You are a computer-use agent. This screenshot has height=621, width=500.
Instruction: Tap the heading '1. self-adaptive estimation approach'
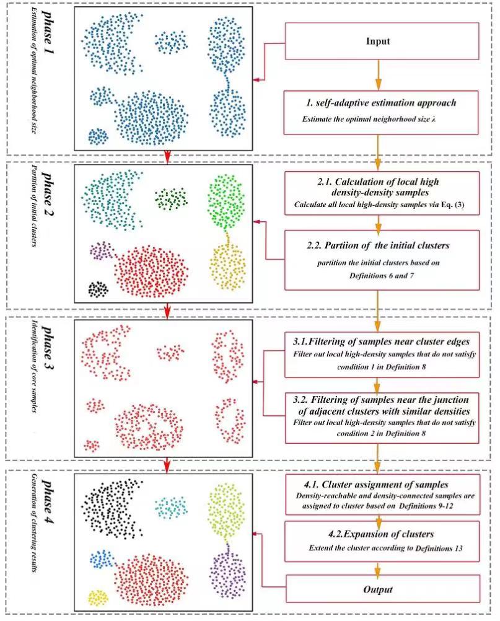click(381, 103)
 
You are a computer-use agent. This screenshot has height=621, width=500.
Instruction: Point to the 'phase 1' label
click(49, 32)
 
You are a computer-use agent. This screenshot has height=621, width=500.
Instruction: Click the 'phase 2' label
click(49, 193)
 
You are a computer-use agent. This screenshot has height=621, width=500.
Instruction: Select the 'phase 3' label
click(49, 348)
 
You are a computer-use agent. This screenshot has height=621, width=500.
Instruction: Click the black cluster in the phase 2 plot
click(98, 289)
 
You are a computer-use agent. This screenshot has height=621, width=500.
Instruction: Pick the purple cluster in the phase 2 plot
click(102, 250)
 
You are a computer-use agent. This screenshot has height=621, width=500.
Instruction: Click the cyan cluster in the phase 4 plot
click(171, 506)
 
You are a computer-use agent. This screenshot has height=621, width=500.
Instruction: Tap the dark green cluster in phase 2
click(171, 199)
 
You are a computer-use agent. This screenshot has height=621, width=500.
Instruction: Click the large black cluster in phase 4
click(112, 509)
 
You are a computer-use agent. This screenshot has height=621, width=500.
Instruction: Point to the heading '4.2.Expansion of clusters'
click(381, 534)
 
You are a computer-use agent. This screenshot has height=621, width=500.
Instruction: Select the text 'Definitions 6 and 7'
click(382, 275)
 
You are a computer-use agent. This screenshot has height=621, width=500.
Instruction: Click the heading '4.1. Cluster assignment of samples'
click(376, 485)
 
